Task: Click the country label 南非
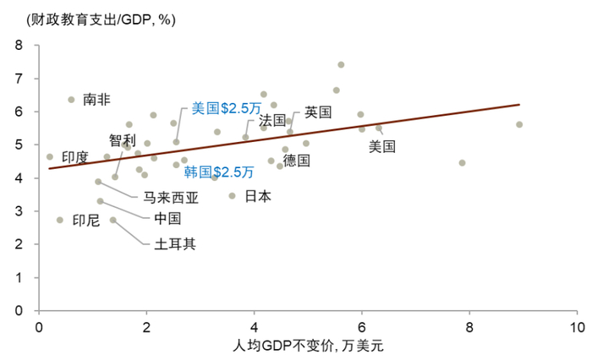tap(96, 99)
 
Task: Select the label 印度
tap(74, 157)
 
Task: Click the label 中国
tap(167, 219)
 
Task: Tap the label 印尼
tap(85, 221)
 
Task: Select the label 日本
tap(258, 196)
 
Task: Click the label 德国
tap(296, 160)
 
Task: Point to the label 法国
tap(272, 119)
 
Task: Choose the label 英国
tap(318, 112)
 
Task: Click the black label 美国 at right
tap(382, 146)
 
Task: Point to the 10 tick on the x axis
tap(577, 326)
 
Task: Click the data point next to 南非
tap(71, 100)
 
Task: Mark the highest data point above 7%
tap(341, 64)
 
